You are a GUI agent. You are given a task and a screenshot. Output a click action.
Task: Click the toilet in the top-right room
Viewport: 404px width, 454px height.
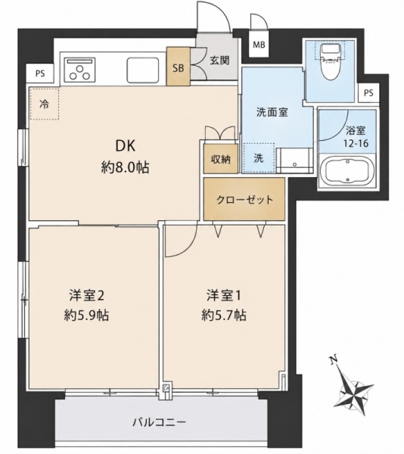tap(330, 63)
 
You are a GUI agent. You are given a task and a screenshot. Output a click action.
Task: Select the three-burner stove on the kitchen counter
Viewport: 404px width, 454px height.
tap(80, 70)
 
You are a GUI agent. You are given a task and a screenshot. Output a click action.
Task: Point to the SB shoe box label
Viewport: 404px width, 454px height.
tap(179, 68)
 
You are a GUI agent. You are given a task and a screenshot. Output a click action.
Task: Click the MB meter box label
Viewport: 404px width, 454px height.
tap(259, 45)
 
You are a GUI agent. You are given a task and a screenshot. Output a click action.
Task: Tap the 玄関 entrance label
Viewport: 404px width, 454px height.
tap(219, 61)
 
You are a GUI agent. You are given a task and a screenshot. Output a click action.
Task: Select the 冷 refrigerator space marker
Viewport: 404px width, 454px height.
tap(45, 104)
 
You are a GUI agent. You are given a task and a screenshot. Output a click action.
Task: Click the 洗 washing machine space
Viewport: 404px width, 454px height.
tap(259, 158)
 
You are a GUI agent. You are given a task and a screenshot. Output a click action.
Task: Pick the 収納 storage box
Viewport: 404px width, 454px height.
tap(221, 159)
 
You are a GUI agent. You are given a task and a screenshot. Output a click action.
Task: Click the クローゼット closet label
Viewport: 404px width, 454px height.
tap(244, 200)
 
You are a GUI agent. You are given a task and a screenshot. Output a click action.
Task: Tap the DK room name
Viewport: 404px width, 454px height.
tap(126, 146)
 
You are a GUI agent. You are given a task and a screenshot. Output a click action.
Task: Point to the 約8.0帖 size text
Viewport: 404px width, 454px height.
tap(125, 167)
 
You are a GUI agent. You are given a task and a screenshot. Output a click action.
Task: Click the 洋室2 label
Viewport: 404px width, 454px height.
tap(86, 296)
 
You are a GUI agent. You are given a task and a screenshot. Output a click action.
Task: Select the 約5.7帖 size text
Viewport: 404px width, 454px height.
tap(224, 315)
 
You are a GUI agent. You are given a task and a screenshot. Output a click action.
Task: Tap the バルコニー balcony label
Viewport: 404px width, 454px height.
tap(159, 422)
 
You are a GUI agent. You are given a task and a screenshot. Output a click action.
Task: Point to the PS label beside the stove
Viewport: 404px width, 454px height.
tap(40, 73)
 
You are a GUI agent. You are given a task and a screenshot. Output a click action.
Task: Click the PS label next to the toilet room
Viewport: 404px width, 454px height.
tap(368, 93)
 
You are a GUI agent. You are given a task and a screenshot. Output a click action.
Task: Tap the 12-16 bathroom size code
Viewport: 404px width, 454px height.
tap(356, 143)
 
